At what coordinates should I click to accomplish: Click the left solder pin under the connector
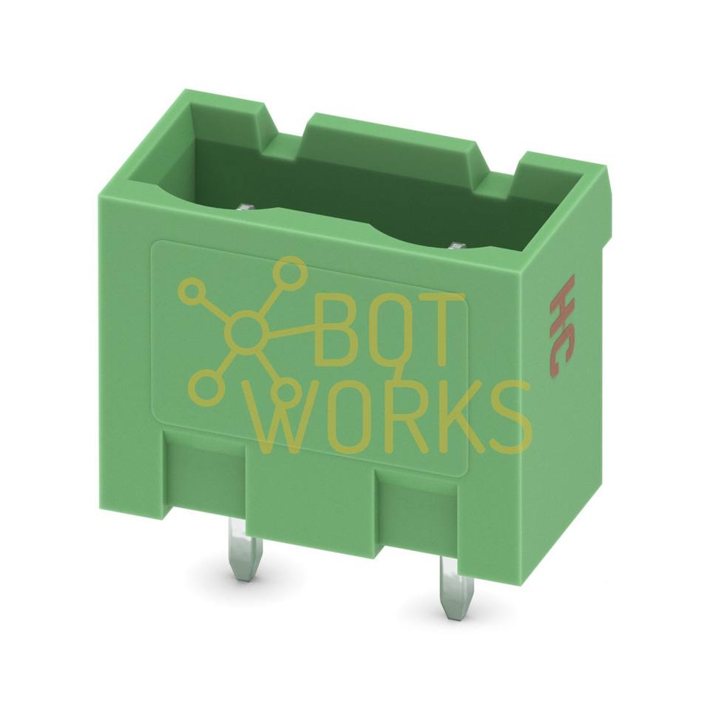(238, 548)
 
